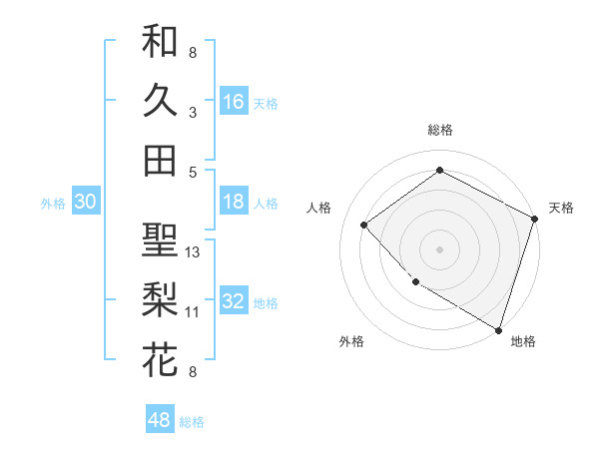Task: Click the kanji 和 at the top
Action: [x=160, y=41]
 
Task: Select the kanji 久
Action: [x=160, y=100]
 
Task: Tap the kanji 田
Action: [x=160, y=160]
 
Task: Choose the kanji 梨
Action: [x=160, y=299]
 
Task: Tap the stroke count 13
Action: [x=194, y=251]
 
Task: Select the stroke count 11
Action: [x=193, y=312]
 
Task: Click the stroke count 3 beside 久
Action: [x=193, y=113]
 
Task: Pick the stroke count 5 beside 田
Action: [x=193, y=172]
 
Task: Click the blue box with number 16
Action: [x=234, y=101]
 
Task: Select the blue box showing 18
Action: [x=234, y=202]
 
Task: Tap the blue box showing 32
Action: [x=234, y=302]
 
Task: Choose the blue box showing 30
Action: [x=85, y=203]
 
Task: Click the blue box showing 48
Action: [x=160, y=420]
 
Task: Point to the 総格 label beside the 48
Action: [x=192, y=422]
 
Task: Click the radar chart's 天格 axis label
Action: [x=561, y=208]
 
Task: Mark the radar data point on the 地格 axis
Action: [x=498, y=328]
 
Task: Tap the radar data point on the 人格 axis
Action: [x=364, y=226]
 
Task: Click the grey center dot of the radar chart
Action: [x=439, y=248]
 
